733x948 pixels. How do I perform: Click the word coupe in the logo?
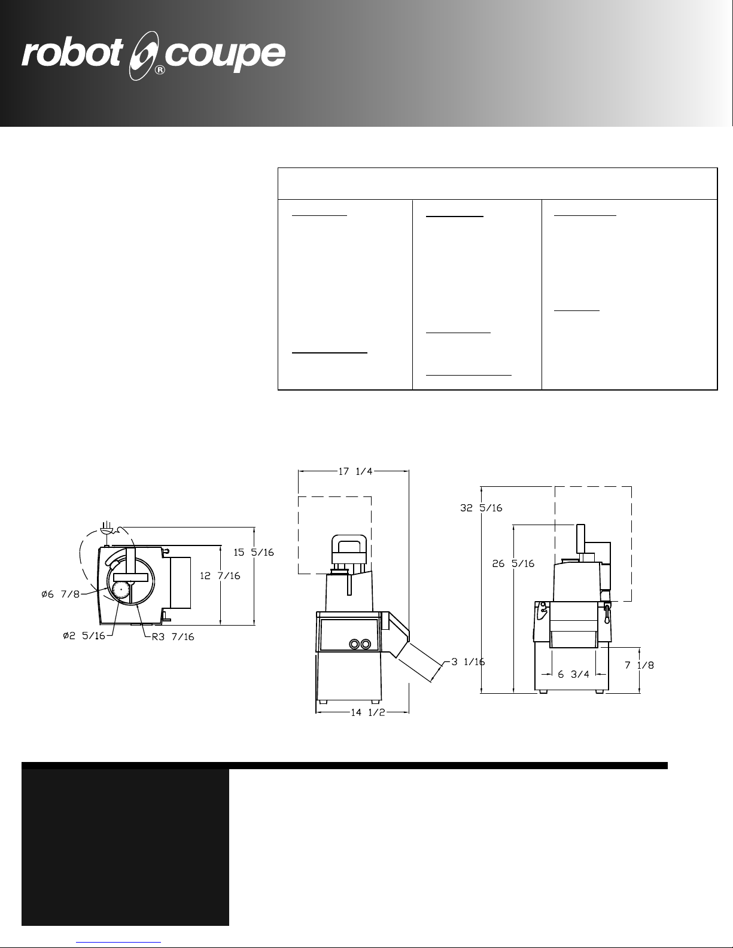click(225, 57)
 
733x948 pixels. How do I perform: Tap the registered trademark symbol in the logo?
click(160, 70)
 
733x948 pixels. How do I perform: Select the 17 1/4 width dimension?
click(355, 471)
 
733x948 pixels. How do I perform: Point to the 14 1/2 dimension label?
click(368, 712)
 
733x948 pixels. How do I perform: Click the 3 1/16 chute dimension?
click(468, 662)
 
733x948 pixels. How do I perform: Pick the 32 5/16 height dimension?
click(481, 508)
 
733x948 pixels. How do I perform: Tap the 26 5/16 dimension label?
click(513, 563)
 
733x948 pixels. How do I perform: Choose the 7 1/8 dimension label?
click(639, 665)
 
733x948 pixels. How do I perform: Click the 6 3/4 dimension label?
click(573, 675)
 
